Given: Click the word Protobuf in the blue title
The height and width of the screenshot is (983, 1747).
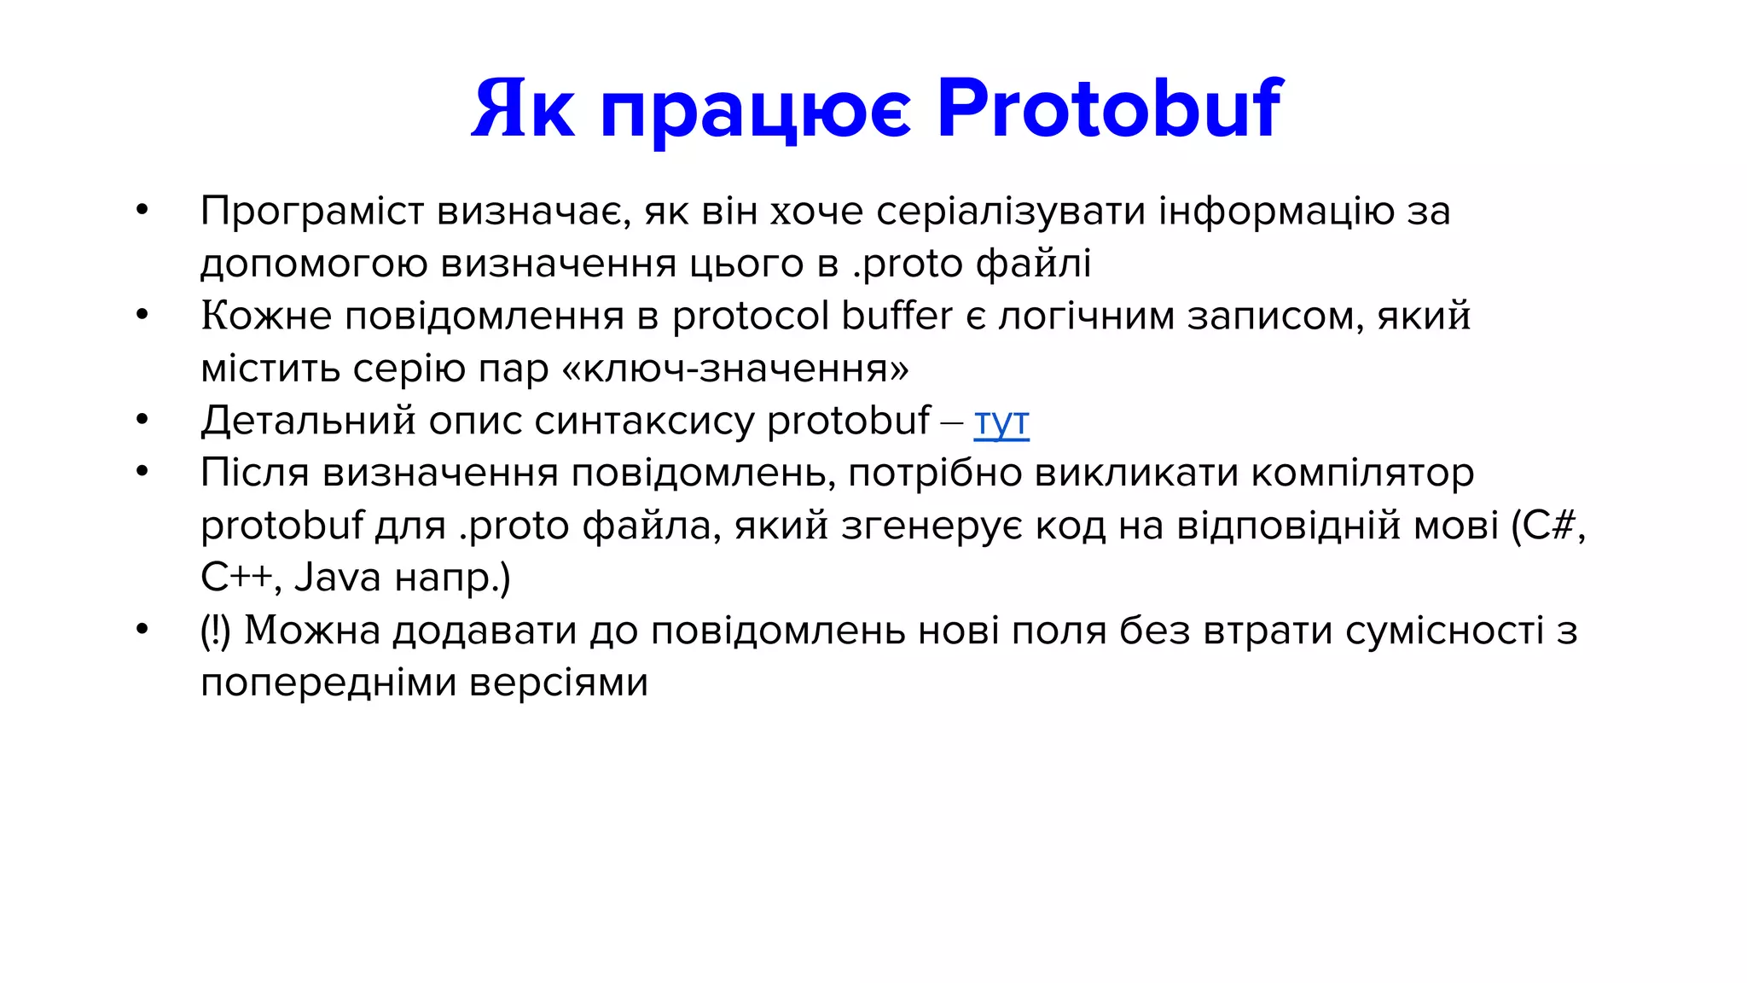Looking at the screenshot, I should tap(1109, 109).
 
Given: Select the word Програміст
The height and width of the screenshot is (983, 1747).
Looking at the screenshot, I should tap(312, 212).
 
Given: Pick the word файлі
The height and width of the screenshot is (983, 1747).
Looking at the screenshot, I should tap(1033, 264).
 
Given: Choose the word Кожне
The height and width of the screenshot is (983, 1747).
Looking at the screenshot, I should tap(266, 316).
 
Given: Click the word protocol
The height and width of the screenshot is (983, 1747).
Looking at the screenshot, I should tap(751, 316).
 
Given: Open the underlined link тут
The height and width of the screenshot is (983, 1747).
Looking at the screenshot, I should tap(1001, 422).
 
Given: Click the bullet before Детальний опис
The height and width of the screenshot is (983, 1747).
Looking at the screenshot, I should tap(142, 420).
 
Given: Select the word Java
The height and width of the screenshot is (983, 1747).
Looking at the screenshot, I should tap(338, 578).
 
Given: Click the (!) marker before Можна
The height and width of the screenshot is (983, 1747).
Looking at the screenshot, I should tap(216, 631).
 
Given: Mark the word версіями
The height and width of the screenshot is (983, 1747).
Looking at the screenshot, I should tap(559, 683).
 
